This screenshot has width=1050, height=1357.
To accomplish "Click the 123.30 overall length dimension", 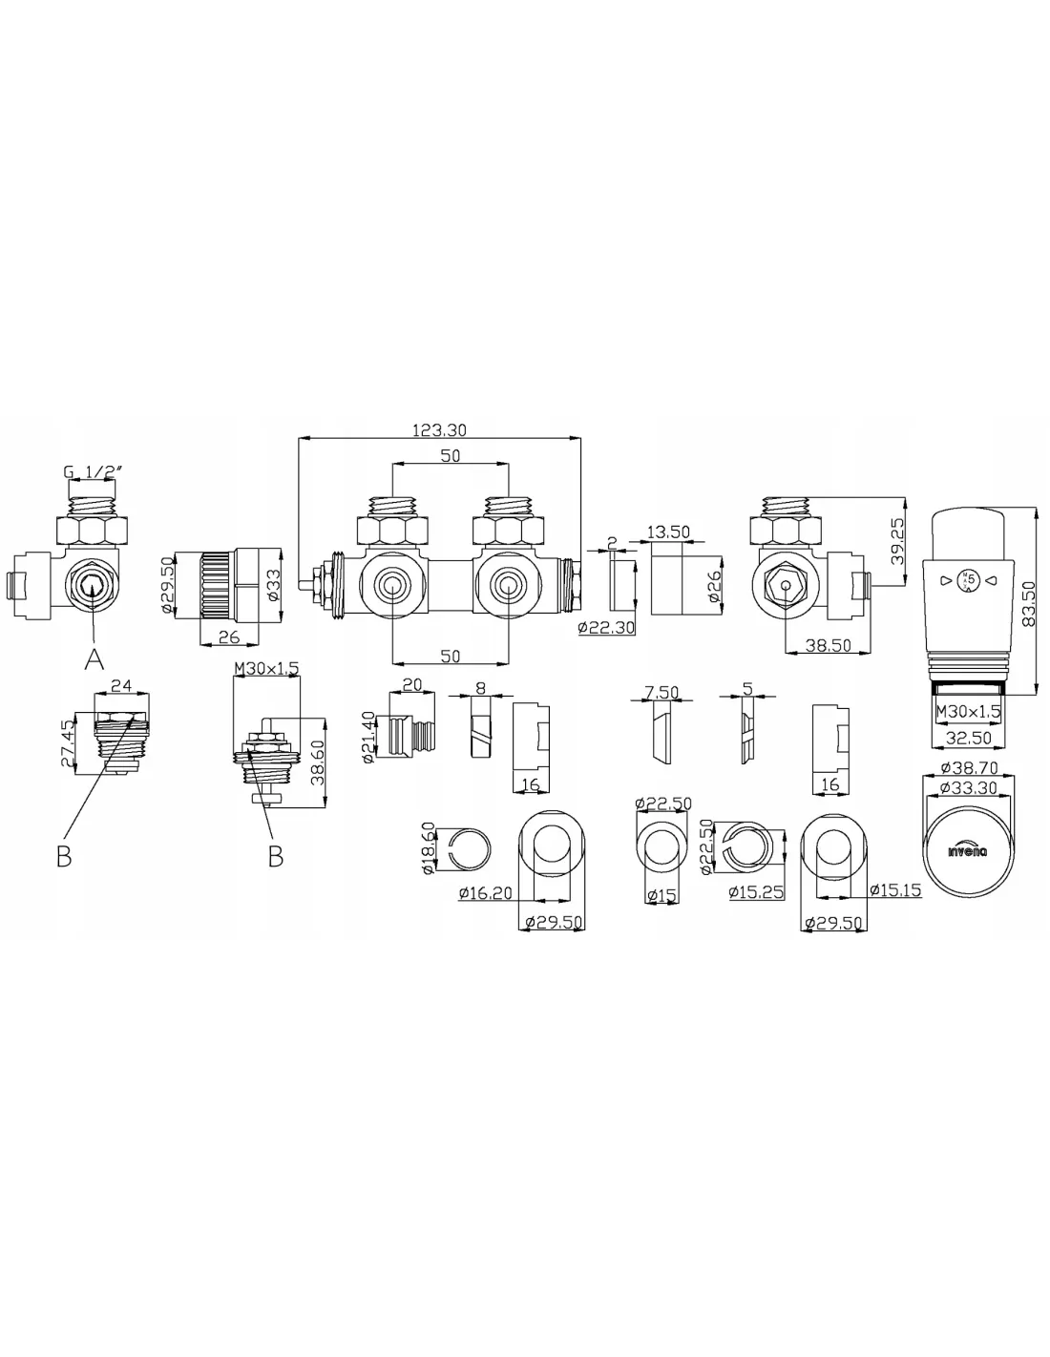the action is tap(438, 429).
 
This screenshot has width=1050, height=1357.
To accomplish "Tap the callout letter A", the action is tap(94, 658).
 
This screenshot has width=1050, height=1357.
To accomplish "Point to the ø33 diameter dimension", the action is tap(273, 586).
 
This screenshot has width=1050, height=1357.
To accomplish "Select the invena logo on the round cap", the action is tap(968, 850).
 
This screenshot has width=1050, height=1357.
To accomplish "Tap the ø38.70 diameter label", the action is tap(968, 767).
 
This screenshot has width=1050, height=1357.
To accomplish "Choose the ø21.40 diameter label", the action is tap(368, 737).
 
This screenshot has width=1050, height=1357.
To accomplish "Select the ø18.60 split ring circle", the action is tap(471, 848).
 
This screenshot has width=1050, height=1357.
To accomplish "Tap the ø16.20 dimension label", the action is tap(485, 893).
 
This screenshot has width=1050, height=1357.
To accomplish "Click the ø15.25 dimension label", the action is tap(755, 892).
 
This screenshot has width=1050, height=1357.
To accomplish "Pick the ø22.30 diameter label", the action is tap(606, 627).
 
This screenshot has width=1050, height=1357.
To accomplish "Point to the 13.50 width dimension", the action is tap(668, 532).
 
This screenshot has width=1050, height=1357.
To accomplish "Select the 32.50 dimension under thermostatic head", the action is tap(968, 738).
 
